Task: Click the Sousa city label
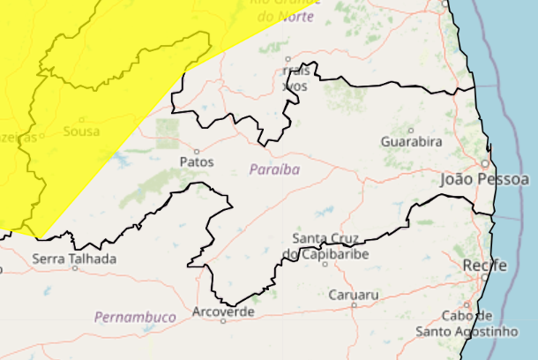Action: pos(82,132)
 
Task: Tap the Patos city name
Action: pos(196,161)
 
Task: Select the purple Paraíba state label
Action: pos(274,169)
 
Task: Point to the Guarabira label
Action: pos(411,141)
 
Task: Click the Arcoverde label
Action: pos(223,311)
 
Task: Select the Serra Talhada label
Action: pos(74,259)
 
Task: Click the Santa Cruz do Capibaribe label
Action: pos(325,247)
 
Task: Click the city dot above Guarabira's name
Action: pos(411,129)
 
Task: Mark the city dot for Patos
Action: pos(197,150)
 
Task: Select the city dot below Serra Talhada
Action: pos(75,268)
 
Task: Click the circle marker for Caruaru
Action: pos(354,304)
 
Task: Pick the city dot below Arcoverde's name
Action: pos(223,322)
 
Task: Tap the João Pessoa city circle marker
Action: pos(485,163)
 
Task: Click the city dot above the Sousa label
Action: pos(82,120)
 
